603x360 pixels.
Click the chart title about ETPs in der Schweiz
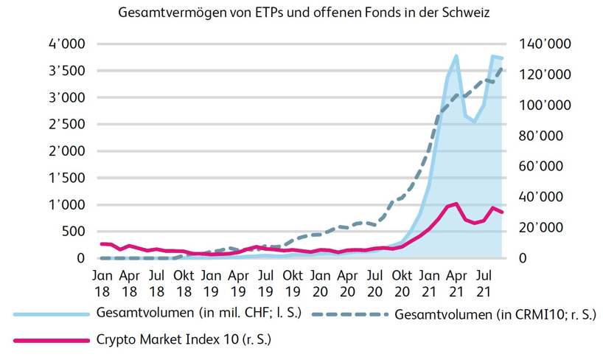302,13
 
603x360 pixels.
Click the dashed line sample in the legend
349,314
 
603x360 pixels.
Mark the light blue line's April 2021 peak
456,56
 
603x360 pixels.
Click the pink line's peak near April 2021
457,204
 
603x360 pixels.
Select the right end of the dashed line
502,68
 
